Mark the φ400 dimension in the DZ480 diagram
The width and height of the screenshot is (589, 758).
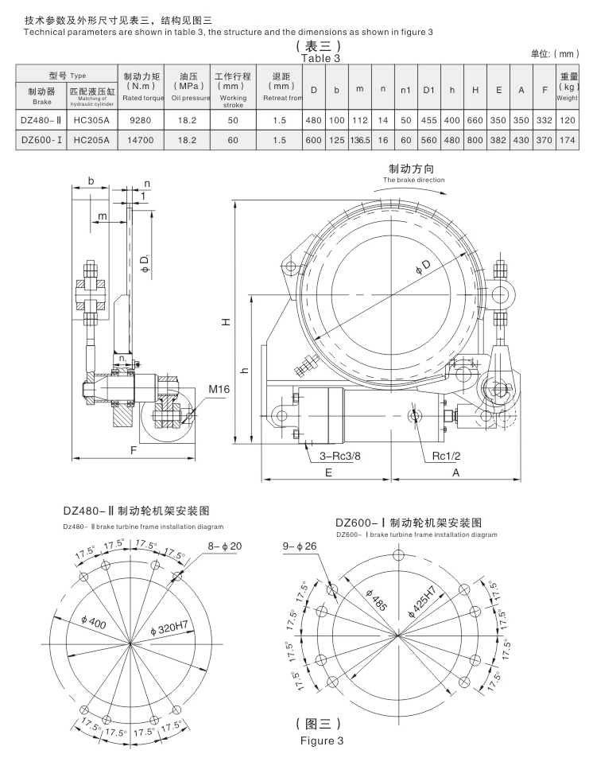95,621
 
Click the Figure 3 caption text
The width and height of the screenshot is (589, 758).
322,741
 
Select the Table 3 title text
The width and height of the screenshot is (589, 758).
321,59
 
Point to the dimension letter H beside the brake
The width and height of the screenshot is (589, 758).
225,321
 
